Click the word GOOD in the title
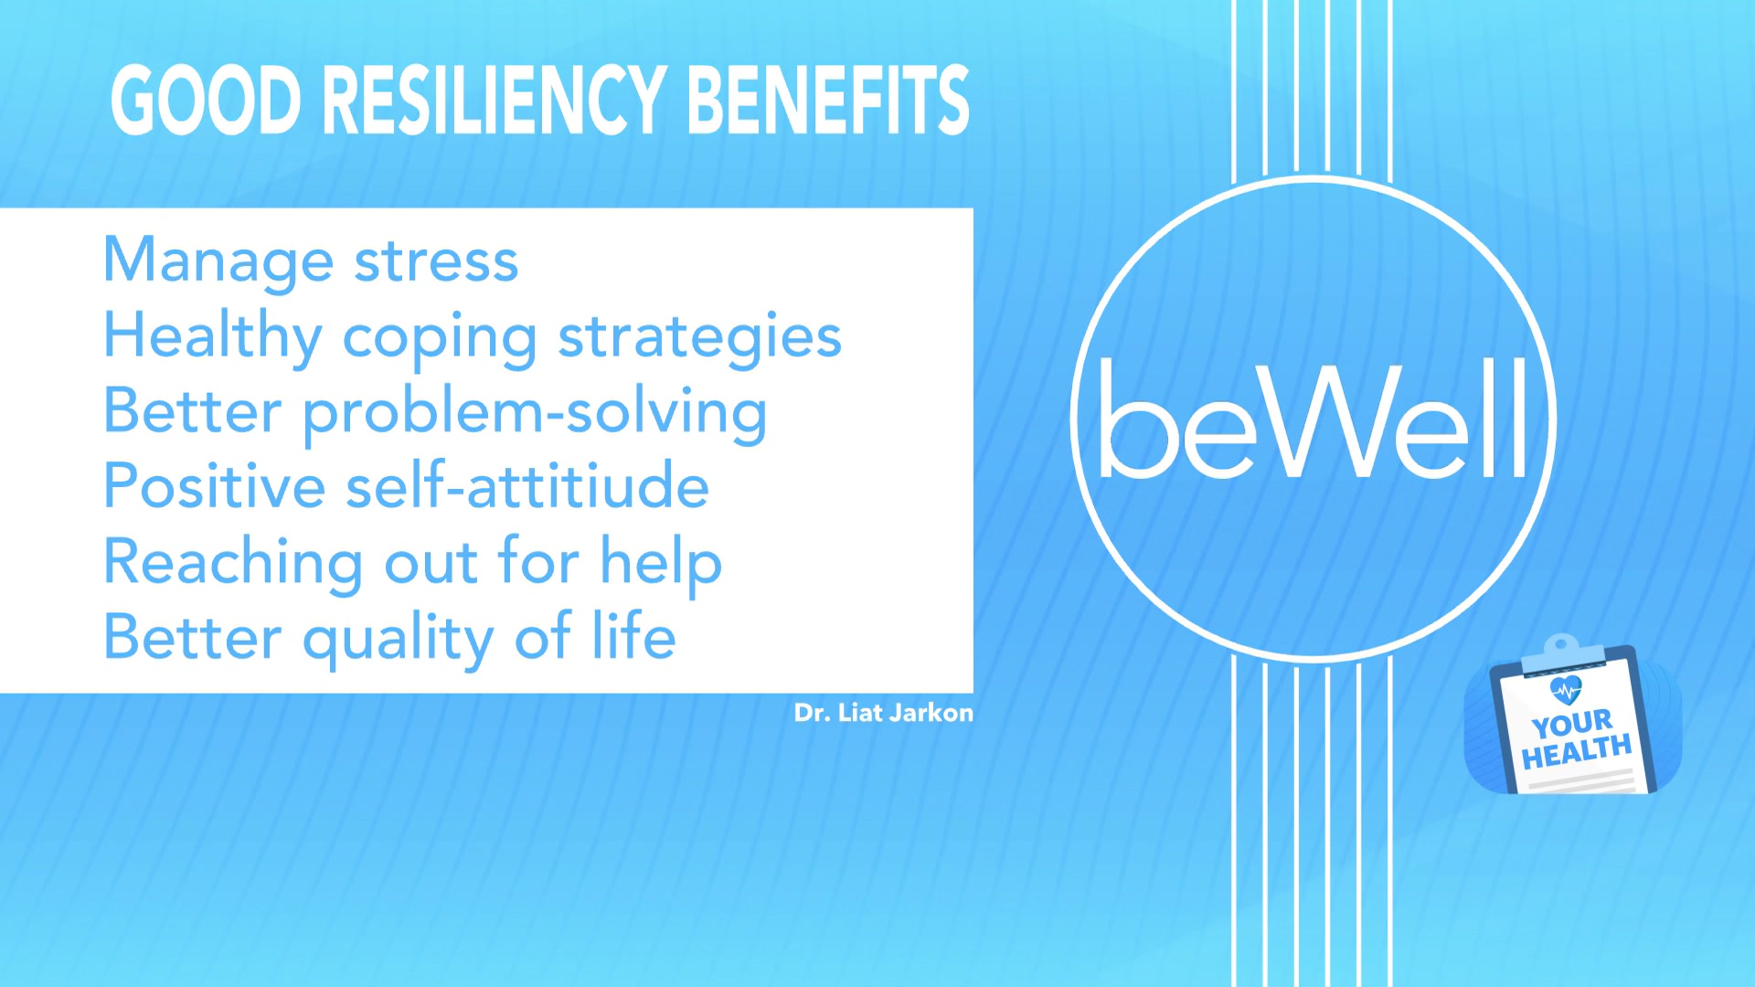tap(206, 101)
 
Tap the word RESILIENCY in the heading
tap(494, 101)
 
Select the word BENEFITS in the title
tap(827, 101)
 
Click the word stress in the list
tap(436, 261)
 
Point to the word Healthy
tap(212, 336)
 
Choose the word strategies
tap(699, 338)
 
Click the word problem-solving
tap(535, 413)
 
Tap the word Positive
tap(214, 486)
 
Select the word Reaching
tap(233, 563)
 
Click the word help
tap(660, 563)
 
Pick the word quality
tap(399, 639)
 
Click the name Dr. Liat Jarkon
tap(883, 713)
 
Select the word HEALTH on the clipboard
tap(1577, 752)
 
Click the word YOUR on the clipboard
tap(1572, 724)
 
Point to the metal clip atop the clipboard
tap(1561, 650)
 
